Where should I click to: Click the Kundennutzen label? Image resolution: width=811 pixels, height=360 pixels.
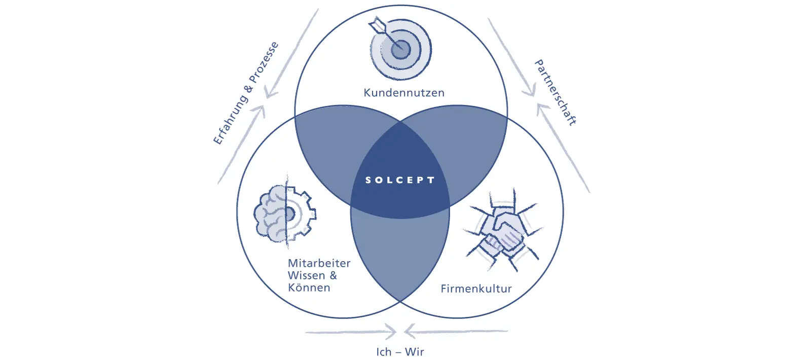point(404,93)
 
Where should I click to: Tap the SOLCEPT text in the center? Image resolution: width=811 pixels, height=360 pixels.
point(400,180)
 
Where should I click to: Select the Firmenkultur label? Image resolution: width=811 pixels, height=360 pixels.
point(476,289)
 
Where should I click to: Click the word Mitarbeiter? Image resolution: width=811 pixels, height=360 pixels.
point(319,263)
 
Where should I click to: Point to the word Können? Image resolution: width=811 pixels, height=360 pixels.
point(309,287)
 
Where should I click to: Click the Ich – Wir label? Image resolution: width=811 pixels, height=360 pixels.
point(400,352)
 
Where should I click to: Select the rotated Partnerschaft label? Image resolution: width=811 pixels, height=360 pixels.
point(556,93)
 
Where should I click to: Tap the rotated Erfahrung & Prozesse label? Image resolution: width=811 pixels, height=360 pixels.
point(246,93)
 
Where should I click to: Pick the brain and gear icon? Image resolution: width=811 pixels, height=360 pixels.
point(284,213)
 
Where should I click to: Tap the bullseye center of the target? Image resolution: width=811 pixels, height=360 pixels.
point(401,49)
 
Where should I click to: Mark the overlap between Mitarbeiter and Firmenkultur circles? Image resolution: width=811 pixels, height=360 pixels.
point(400,254)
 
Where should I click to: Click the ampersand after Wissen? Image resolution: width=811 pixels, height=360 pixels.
point(333,275)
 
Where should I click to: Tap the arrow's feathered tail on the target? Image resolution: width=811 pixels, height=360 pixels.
point(377,24)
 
